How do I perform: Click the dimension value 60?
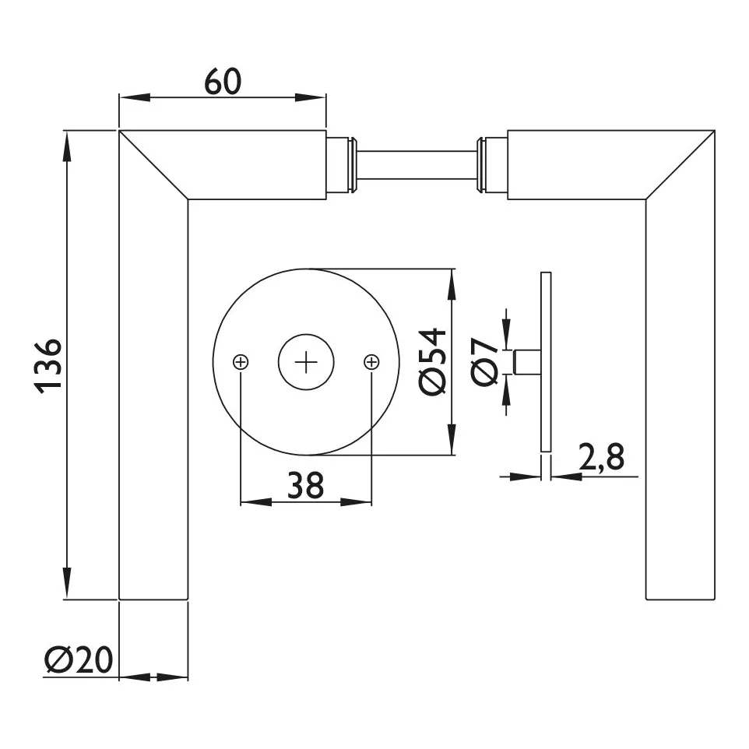[x=223, y=82]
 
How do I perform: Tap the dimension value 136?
[x=49, y=366]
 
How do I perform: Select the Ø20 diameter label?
[x=79, y=659]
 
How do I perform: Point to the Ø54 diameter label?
[x=432, y=361]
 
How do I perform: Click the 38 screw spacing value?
[x=306, y=485]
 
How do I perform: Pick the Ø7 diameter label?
[x=484, y=361]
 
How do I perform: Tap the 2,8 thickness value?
[x=601, y=457]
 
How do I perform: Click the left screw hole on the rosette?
[x=241, y=362]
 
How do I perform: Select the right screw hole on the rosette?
[x=371, y=362]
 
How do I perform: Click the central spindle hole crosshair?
[x=306, y=362]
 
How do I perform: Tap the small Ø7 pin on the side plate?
[x=527, y=361]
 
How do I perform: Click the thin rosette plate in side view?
[x=546, y=361]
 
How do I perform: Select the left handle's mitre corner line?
[x=153, y=164]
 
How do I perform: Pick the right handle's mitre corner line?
[x=680, y=164]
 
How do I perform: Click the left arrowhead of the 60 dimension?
[x=134, y=97]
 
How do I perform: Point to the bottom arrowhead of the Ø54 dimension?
[x=452, y=439]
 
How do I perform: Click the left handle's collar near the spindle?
[x=341, y=165]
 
